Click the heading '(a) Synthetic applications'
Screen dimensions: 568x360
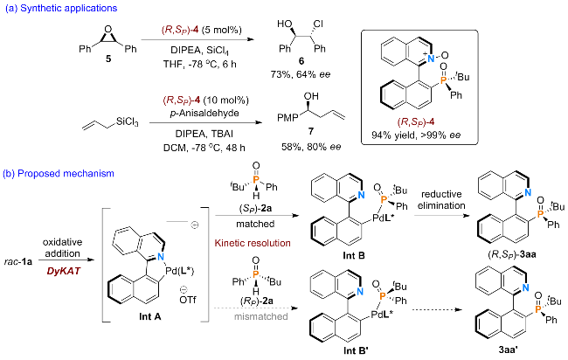point(61,8)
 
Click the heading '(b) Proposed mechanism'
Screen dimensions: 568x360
point(59,174)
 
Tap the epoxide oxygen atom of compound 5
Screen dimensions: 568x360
point(107,30)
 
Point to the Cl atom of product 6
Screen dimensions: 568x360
point(318,24)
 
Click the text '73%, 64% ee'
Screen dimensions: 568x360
point(301,74)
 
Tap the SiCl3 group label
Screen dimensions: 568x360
point(128,122)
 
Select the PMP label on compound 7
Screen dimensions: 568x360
point(288,118)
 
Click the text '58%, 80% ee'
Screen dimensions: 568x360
point(311,147)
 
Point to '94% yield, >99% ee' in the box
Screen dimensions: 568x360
point(416,135)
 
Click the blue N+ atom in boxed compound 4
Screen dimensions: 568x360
point(430,58)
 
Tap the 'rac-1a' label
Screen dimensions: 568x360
point(18,261)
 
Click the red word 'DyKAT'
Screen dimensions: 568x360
point(63,271)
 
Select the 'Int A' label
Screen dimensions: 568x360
point(150,316)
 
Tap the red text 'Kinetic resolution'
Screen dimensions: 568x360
point(253,243)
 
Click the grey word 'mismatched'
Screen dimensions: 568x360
point(260,316)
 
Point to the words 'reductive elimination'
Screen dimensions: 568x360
point(441,199)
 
